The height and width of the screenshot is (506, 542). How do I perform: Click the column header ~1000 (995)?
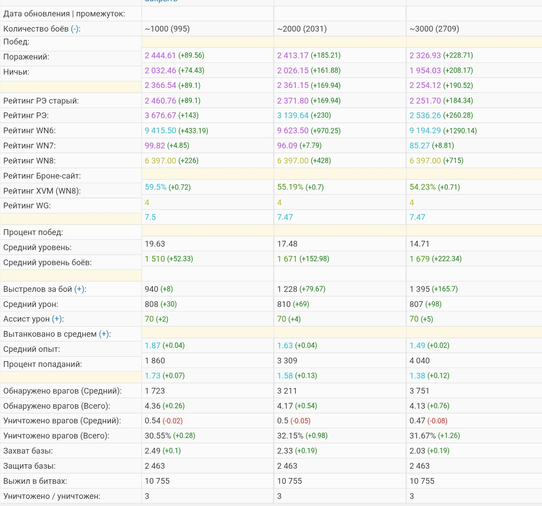(x=167, y=29)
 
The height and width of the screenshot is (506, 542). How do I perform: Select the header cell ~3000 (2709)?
(x=434, y=29)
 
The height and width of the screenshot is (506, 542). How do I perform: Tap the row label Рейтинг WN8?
(x=29, y=161)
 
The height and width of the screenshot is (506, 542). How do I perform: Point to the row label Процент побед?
(x=33, y=232)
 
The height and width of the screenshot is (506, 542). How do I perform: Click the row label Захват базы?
(x=28, y=451)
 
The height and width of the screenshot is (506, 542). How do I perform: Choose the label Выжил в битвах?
(x=35, y=481)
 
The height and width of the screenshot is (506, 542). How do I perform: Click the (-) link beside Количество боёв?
(x=75, y=29)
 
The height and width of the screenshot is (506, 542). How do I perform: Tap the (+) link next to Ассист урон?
(x=57, y=319)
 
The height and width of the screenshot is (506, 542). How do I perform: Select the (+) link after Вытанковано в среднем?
(x=104, y=334)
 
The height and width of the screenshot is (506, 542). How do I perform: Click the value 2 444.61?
(x=160, y=56)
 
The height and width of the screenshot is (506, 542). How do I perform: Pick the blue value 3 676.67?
(x=160, y=116)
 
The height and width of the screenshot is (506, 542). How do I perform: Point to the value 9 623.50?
(x=293, y=131)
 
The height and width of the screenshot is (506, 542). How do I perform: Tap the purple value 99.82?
(x=155, y=146)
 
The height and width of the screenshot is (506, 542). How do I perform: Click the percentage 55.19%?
(x=290, y=187)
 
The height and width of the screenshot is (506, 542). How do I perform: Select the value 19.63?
(x=155, y=244)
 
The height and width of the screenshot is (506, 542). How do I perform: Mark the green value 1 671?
(x=287, y=259)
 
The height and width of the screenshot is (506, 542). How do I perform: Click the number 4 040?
(x=419, y=361)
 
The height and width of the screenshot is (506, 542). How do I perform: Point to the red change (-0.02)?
(x=172, y=421)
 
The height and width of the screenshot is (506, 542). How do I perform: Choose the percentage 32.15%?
(x=290, y=436)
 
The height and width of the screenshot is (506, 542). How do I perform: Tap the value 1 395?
(x=419, y=289)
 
